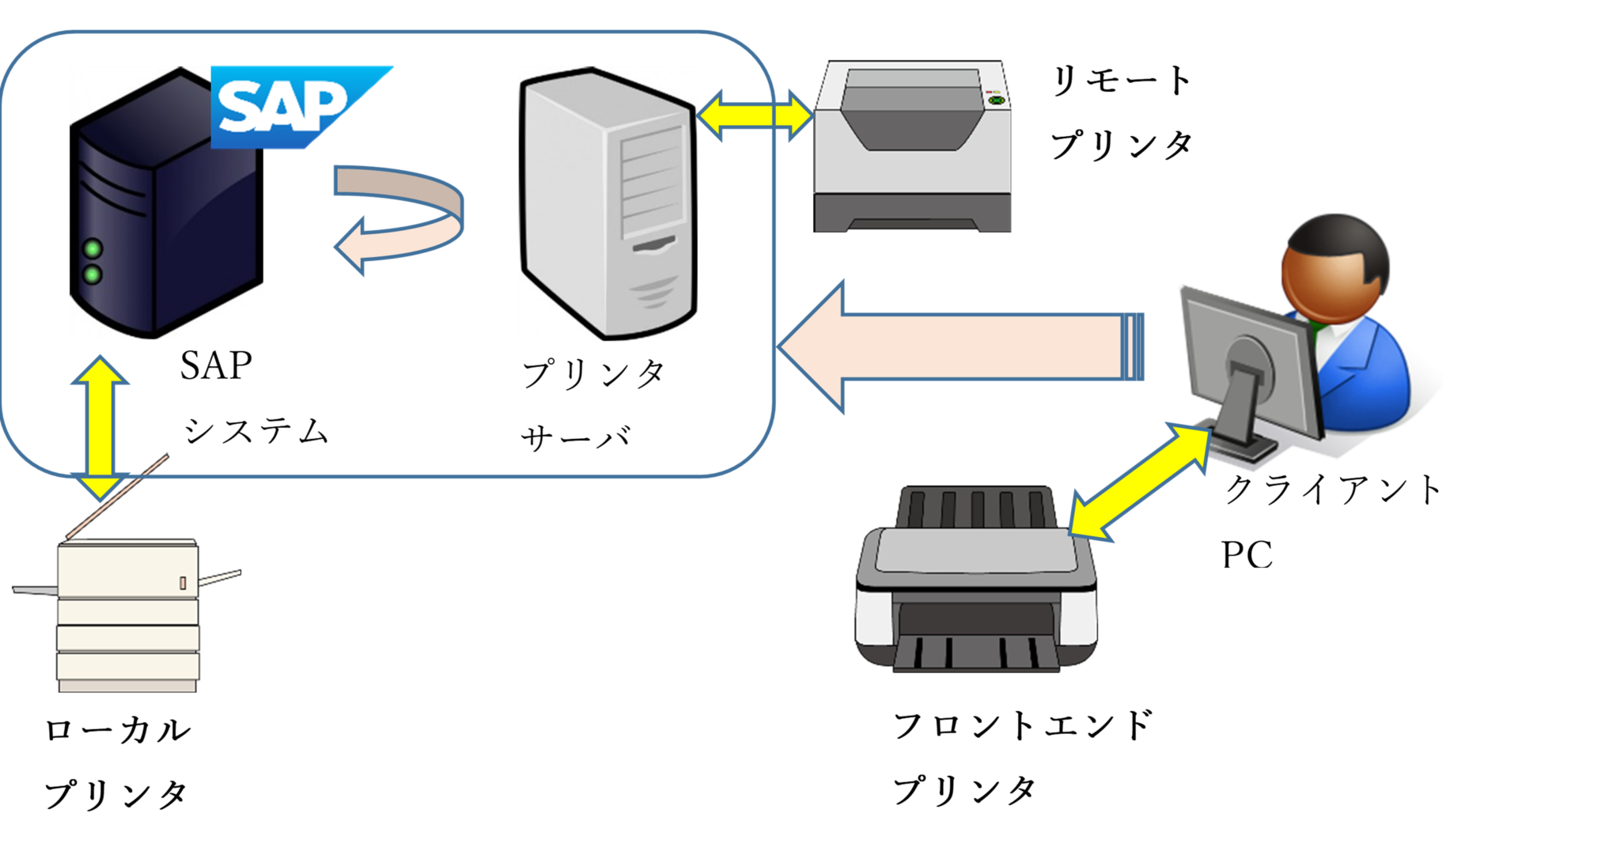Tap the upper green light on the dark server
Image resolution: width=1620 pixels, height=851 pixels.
coord(93,249)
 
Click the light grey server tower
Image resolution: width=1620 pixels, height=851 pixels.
coord(607,204)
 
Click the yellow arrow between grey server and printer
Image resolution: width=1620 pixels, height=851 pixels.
coord(755,116)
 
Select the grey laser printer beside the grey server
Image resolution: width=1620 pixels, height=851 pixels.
coord(914,147)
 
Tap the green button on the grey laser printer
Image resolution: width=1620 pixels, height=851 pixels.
coord(996,101)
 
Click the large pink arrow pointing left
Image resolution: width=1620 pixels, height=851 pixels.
coord(957,346)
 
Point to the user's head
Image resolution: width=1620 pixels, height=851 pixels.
coord(1335,265)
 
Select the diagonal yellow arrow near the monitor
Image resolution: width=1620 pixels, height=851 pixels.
coord(1139,482)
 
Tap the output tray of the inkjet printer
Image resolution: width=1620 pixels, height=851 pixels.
coord(977,653)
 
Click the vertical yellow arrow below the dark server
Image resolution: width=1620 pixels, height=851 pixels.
coord(100,427)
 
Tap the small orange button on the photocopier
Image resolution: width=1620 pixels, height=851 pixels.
coord(183,583)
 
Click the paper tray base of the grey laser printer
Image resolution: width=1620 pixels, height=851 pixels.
coord(914,214)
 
